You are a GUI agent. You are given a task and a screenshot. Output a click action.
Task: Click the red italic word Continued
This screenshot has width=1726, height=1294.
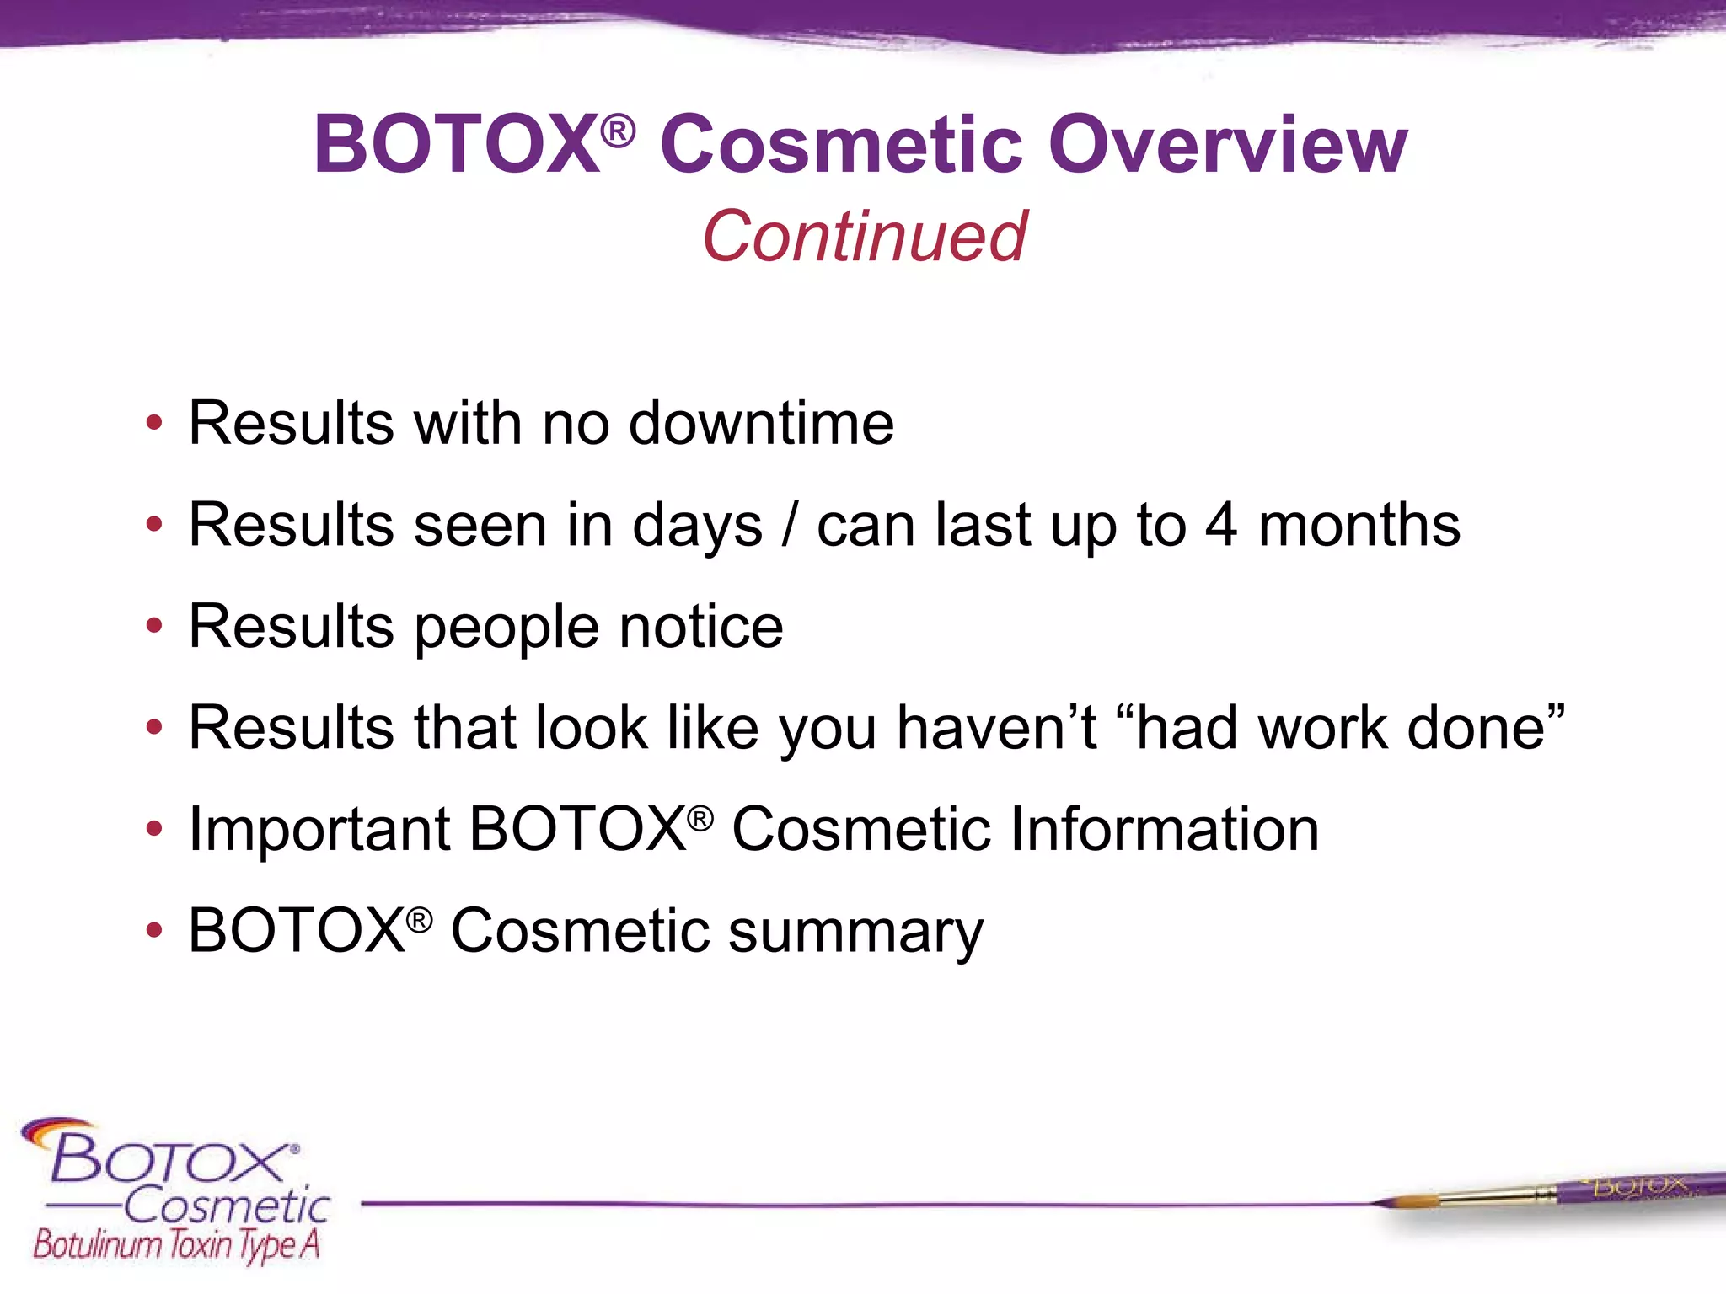(x=865, y=237)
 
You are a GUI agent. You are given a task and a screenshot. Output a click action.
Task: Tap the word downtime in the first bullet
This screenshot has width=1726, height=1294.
(x=761, y=423)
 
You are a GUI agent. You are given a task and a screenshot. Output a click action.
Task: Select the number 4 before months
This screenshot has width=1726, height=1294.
(x=1220, y=525)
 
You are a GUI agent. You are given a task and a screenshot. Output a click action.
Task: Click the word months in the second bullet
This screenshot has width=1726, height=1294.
(x=1359, y=525)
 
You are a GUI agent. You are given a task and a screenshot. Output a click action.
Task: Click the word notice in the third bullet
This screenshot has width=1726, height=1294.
(x=701, y=627)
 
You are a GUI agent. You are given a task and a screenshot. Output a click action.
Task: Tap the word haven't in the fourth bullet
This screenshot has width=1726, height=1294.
(x=996, y=728)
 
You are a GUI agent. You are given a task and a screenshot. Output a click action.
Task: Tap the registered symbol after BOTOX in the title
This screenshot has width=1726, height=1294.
(x=619, y=131)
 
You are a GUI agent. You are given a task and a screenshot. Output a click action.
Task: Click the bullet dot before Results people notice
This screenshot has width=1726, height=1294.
(x=153, y=627)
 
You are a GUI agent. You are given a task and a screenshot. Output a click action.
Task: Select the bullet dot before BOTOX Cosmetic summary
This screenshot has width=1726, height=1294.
(x=153, y=932)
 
